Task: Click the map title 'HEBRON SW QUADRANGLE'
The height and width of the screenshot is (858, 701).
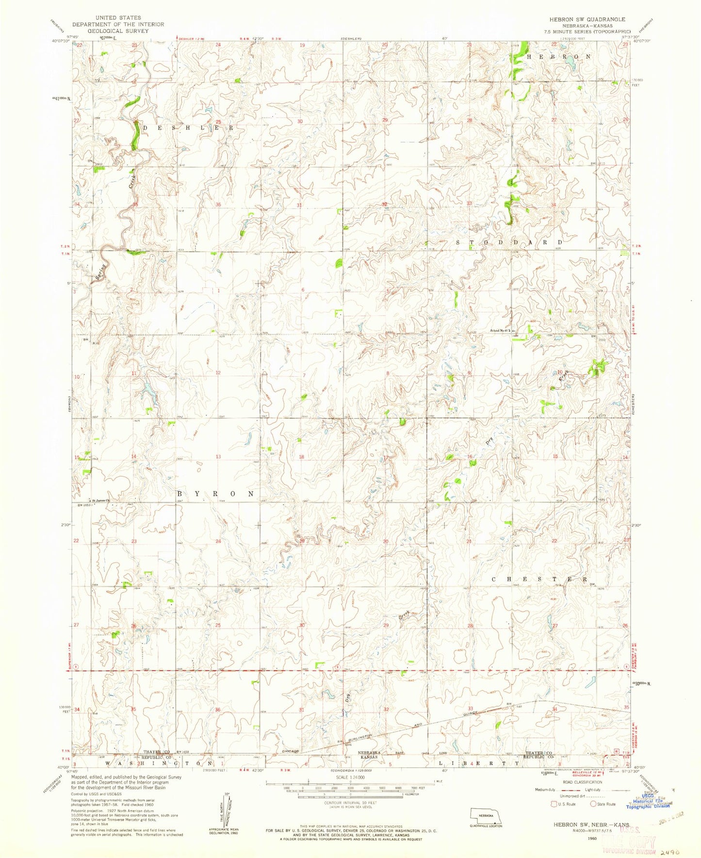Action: (x=580, y=19)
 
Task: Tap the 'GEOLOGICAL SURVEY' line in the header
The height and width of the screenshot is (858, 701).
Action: (x=118, y=31)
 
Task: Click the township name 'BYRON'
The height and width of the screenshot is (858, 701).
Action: (x=215, y=493)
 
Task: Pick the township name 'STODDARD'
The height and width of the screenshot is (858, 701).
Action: (x=509, y=242)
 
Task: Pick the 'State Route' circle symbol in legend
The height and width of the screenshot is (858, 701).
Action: (x=593, y=804)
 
